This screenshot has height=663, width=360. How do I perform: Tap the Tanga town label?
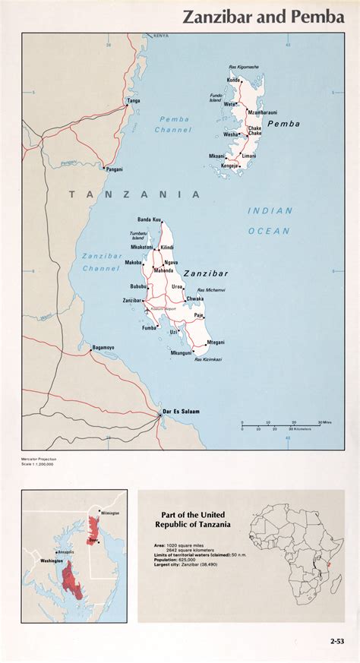click(134, 100)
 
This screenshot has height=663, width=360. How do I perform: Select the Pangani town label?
click(115, 169)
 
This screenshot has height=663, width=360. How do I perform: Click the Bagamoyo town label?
click(103, 348)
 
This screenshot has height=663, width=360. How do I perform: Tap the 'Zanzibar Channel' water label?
click(102, 262)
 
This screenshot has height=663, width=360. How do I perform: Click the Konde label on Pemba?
click(234, 80)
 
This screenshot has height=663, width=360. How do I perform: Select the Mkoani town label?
click(216, 156)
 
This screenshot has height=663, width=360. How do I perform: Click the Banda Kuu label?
click(149, 219)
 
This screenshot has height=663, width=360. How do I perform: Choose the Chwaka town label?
click(195, 299)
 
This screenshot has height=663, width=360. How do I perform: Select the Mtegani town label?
click(216, 342)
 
